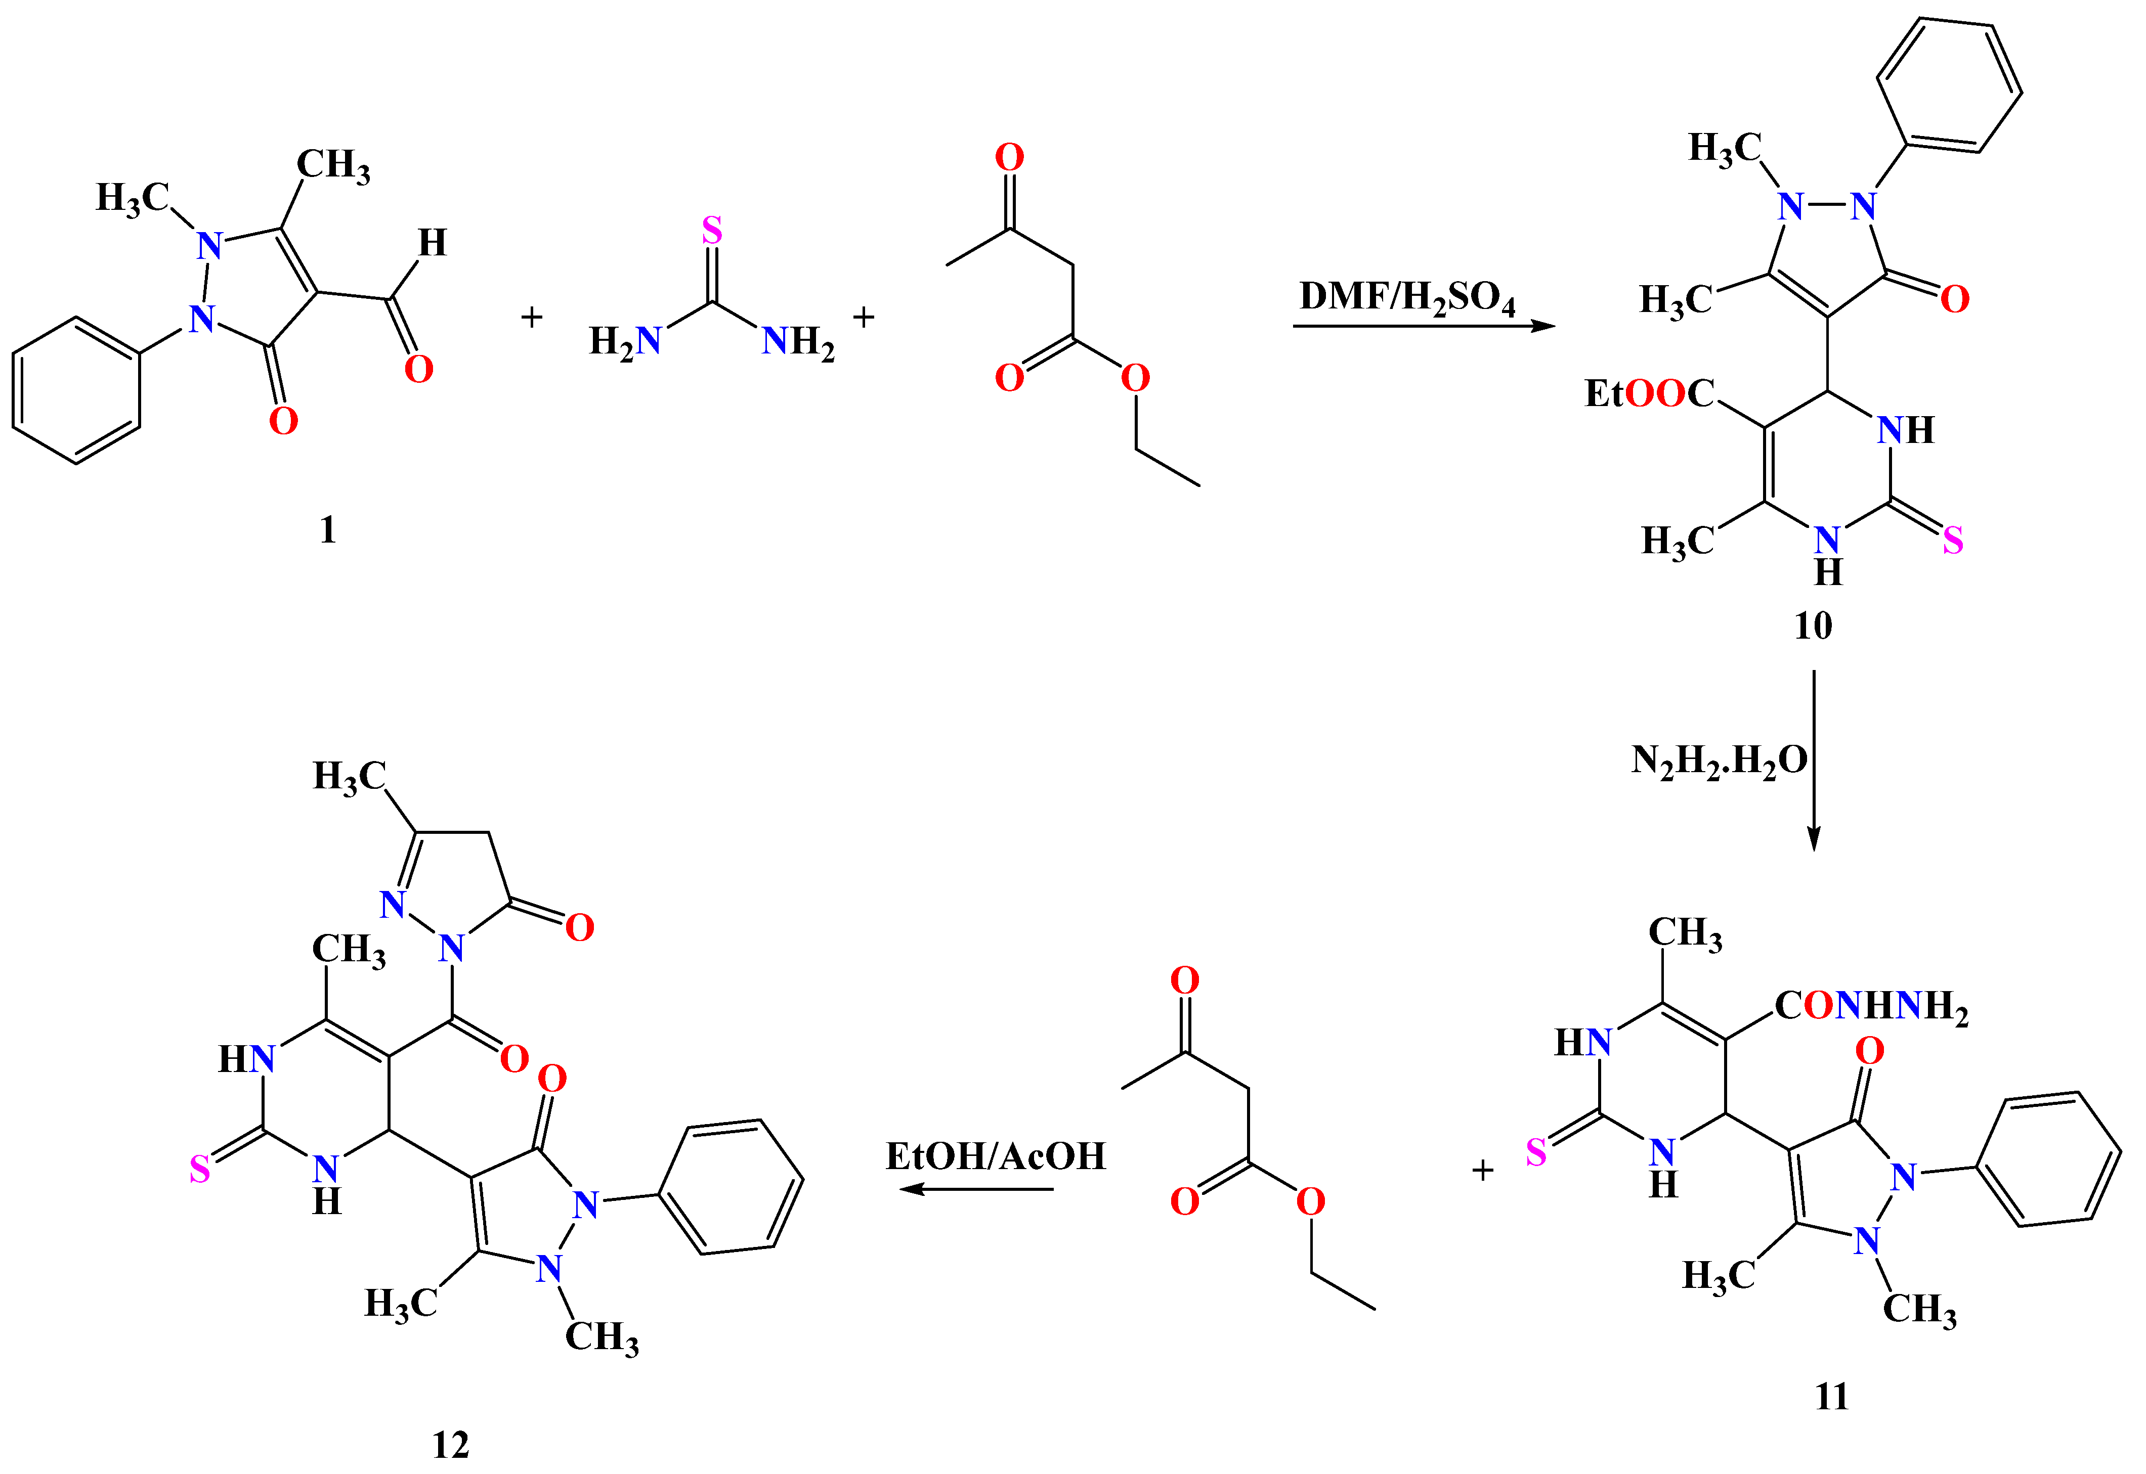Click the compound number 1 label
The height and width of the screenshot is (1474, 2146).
click(x=328, y=530)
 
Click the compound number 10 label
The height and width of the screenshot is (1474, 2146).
click(x=1813, y=626)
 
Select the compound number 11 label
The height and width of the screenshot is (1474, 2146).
click(x=1832, y=1397)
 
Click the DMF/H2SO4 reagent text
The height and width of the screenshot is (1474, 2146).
click(x=1407, y=297)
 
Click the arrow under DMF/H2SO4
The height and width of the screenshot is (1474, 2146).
click(x=1423, y=326)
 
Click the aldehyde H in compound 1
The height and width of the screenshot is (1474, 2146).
click(x=433, y=243)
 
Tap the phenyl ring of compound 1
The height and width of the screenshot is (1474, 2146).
click(x=77, y=390)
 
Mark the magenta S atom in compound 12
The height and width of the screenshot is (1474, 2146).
click(x=199, y=1171)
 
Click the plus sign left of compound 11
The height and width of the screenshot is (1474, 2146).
click(x=1483, y=1170)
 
